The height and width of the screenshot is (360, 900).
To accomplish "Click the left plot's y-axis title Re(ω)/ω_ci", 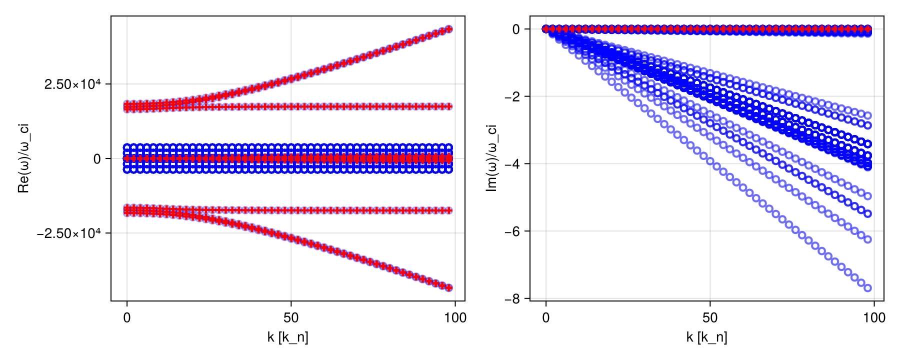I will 23,158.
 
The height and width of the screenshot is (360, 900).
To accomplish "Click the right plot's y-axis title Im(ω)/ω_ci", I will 492,158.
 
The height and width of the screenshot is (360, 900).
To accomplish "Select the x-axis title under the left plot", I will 287,337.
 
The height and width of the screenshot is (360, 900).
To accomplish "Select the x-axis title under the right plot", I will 706,337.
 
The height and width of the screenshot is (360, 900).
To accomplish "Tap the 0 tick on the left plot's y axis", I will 97,159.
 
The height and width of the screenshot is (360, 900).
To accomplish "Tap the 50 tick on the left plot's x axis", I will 291,318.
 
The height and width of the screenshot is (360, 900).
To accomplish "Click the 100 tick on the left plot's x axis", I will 455,318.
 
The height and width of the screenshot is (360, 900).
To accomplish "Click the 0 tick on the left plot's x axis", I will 127,318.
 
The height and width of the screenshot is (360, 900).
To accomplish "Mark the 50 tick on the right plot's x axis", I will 710,318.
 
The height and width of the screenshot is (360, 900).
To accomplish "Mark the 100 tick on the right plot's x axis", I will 874,318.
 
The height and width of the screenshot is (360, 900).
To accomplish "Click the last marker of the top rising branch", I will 449,29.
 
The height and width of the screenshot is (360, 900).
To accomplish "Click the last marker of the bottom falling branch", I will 449,287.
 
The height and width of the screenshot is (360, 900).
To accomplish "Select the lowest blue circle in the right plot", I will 867,288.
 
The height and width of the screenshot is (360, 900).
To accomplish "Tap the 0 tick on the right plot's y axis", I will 516,29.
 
